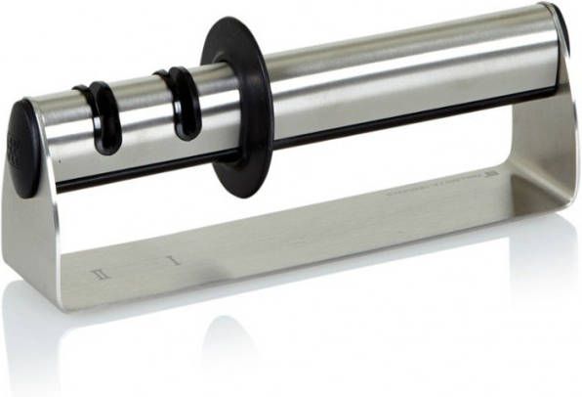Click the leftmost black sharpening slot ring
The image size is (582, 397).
pos(101,118)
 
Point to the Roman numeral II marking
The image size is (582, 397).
pos(98,275)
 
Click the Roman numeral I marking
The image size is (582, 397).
pos(171,260)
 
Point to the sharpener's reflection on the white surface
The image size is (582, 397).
pos(293,342)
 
